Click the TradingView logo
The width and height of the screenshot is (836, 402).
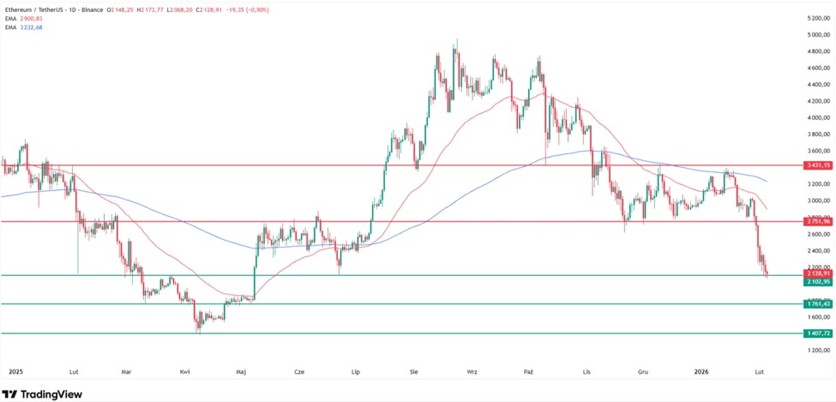tap(43, 393)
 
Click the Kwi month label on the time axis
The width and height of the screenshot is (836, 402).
tap(184, 372)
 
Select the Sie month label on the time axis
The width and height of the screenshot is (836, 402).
tap(414, 372)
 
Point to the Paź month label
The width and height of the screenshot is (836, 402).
tap(528, 372)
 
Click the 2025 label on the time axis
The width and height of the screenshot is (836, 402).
tap(15, 372)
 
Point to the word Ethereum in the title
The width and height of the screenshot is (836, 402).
tap(21, 7)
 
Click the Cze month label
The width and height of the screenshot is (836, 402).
tap(299, 372)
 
